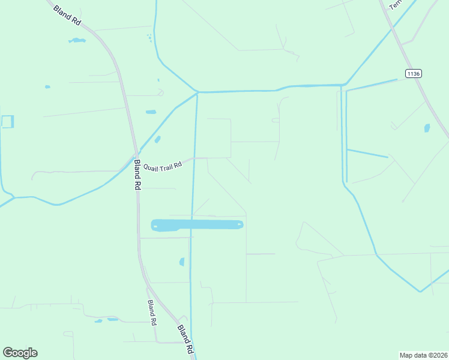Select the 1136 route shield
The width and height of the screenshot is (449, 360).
[413, 74]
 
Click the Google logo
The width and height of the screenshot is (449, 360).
[20, 353]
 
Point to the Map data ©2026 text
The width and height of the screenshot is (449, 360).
[423, 355]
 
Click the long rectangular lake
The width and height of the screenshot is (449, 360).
[197, 225]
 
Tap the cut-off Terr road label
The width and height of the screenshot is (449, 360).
[394, 5]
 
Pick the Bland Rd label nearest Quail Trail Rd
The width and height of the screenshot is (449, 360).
[137, 176]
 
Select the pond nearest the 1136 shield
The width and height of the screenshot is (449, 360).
[427, 128]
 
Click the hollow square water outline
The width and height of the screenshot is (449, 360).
[7, 122]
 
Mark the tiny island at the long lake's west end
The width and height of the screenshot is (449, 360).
[155, 227]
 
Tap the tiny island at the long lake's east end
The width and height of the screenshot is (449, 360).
[239, 225]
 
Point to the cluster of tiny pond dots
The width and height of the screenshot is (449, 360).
[149, 38]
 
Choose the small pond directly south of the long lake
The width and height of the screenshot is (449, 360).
[182, 262]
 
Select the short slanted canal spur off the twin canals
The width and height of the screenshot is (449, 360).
[367, 153]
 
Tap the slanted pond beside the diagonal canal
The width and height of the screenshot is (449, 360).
[157, 139]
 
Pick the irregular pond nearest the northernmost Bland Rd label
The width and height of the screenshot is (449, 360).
[76, 40]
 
